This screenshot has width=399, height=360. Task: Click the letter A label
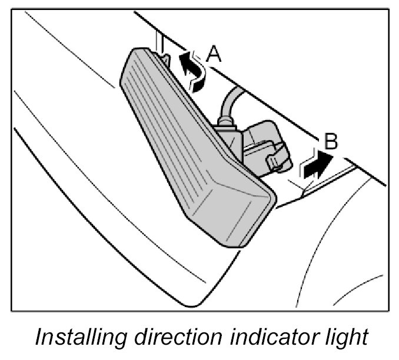[x=214, y=55]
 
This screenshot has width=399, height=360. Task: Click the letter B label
[x=331, y=142]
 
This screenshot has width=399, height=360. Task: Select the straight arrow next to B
[x=314, y=165]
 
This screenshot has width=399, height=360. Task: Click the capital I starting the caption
[x=39, y=338]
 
